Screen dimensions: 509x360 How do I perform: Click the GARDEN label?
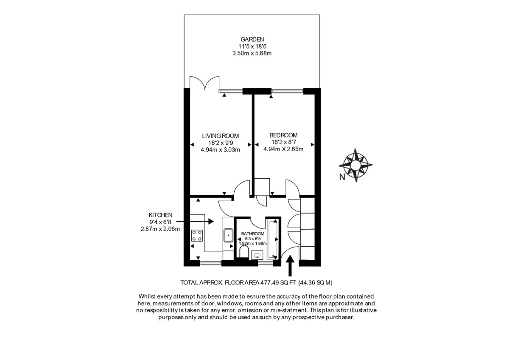[252, 39]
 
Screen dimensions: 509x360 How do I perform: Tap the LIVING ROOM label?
[221, 136]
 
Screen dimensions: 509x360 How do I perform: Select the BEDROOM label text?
[283, 135]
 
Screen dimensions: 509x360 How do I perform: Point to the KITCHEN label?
[160, 215]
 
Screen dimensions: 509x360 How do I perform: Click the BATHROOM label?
[253, 233]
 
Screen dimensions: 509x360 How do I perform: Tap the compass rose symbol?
[355, 165]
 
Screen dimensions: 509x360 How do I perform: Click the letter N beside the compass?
[342, 177]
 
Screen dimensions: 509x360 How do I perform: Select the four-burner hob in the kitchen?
[197, 236]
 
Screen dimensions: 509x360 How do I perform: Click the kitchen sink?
[228, 235]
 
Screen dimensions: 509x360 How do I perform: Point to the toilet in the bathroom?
[244, 253]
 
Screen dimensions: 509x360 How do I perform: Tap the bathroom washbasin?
[257, 255]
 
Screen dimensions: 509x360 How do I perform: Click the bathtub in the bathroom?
[272, 239]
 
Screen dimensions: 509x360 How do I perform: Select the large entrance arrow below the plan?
[290, 266]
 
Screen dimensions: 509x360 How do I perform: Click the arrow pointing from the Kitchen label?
[195, 221]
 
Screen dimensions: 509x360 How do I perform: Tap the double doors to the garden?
[204, 83]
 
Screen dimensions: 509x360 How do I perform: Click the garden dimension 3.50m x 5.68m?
[252, 53]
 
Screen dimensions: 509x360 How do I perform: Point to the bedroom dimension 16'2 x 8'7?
[284, 142]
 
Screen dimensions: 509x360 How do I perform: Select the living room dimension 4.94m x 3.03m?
[221, 149]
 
